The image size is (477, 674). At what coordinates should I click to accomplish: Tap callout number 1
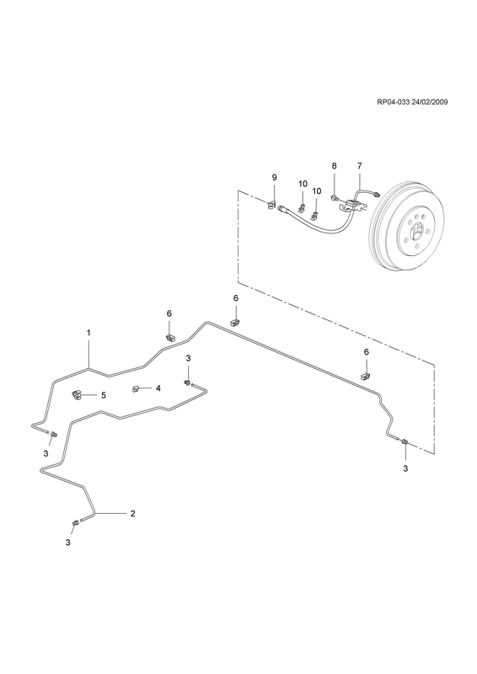pos(88,333)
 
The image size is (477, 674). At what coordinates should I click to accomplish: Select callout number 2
pos(133,513)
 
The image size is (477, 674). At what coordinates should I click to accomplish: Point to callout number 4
pos(158,388)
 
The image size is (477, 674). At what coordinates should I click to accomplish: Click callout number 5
pos(103,395)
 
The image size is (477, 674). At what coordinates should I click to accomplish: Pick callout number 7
pos(360,165)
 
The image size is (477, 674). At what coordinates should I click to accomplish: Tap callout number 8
pos(334,165)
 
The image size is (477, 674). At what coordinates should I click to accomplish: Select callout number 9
pos(275,178)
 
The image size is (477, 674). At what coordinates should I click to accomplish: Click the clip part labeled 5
pos(77,394)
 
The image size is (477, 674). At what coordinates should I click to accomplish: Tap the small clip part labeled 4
pos(135,388)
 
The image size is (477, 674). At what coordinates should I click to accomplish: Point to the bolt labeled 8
pos(335,198)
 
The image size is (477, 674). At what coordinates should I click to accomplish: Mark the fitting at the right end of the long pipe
pos(404,441)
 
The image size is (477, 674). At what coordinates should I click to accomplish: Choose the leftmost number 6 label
pos(169,313)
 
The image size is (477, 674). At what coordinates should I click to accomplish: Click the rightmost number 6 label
pos(367,352)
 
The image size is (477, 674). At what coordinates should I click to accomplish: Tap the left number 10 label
pos(303,184)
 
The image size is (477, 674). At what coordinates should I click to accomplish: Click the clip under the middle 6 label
pos(235,323)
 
